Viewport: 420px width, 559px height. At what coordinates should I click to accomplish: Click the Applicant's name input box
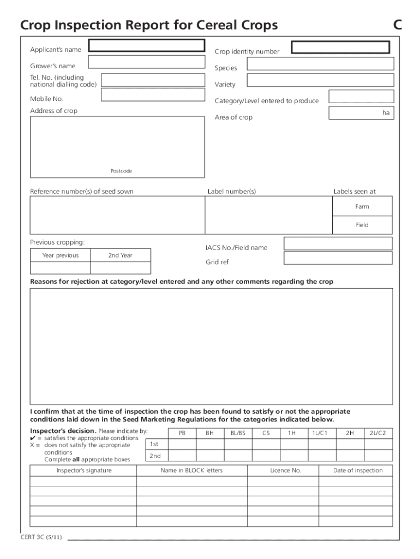(x=147, y=45)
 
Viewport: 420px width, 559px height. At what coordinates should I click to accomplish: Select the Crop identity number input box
(x=340, y=47)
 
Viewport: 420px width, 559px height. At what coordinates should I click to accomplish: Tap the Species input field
(x=320, y=64)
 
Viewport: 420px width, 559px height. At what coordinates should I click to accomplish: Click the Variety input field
(x=320, y=80)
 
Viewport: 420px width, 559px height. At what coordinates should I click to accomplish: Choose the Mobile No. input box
(x=153, y=95)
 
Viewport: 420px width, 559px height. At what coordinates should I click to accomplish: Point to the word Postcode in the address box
(x=121, y=171)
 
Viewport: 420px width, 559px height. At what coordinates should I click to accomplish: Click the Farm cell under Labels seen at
(x=362, y=206)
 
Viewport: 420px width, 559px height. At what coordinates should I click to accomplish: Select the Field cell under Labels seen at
(x=362, y=225)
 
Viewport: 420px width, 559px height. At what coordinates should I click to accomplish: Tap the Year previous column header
(x=60, y=255)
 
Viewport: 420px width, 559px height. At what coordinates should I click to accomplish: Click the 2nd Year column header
(x=120, y=255)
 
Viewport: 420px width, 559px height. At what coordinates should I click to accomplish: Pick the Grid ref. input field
(x=338, y=258)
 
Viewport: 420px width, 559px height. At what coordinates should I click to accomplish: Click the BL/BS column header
(x=238, y=433)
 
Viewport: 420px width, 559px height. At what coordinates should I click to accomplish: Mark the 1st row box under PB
(x=182, y=444)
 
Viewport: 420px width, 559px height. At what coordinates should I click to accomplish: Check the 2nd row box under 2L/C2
(x=378, y=456)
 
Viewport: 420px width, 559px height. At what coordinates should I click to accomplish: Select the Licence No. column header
(x=285, y=471)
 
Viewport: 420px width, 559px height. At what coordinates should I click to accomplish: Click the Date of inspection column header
(x=358, y=471)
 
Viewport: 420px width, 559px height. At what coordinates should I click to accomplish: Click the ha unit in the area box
(x=386, y=113)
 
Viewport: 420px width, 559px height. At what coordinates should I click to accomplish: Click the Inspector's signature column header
(x=83, y=471)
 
